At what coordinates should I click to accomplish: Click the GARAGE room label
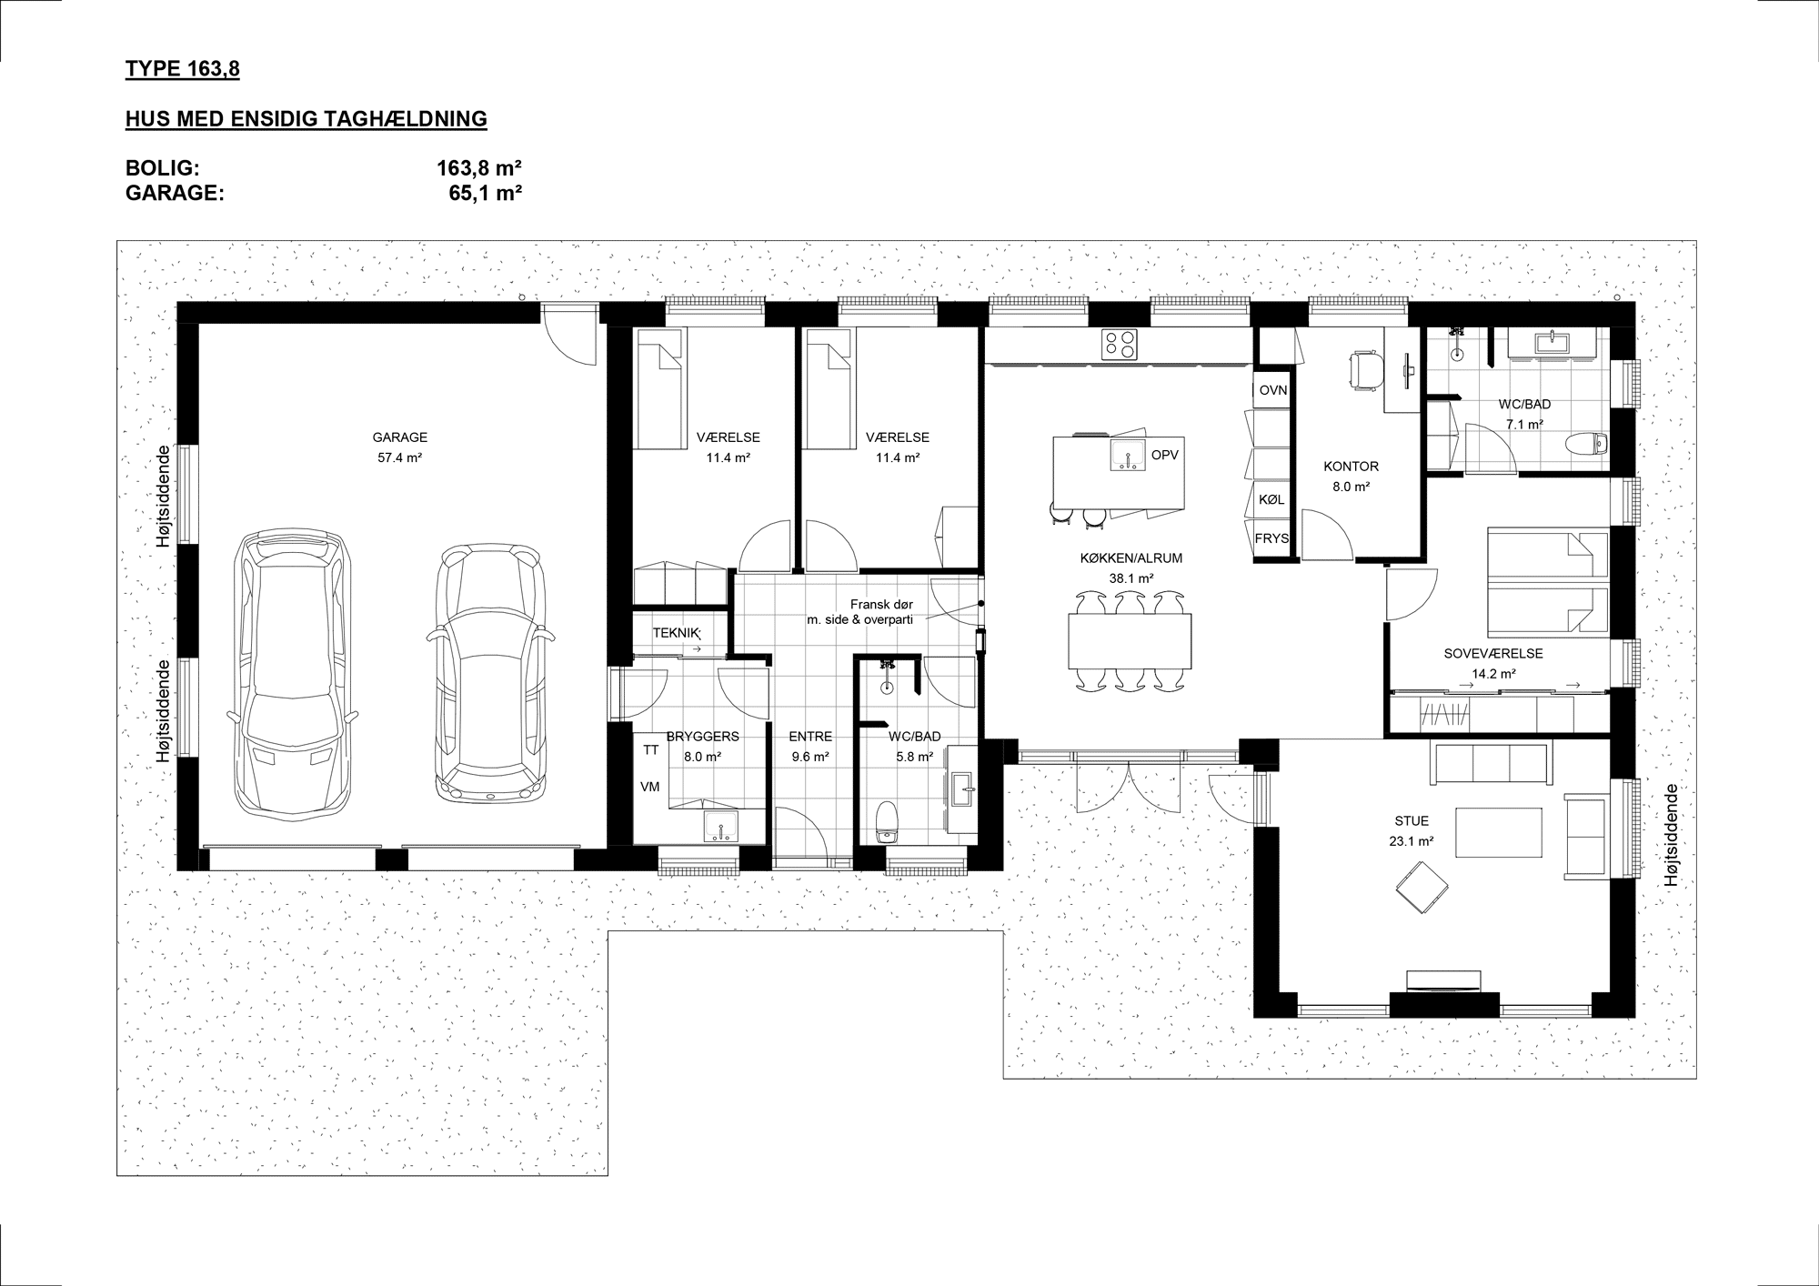pos(399,437)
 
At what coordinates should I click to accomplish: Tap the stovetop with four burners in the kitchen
pos(1120,344)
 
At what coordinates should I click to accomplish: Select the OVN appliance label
pos(1273,390)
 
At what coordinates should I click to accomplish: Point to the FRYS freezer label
pos(1271,538)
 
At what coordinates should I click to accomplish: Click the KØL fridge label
pos(1272,499)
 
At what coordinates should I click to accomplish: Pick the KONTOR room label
pos(1351,467)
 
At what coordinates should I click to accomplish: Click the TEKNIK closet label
pos(675,632)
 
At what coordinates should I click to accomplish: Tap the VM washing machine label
pos(650,787)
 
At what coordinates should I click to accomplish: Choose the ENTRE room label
pos(810,737)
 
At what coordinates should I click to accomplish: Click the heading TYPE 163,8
pos(183,69)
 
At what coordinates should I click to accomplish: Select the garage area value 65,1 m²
pos(486,193)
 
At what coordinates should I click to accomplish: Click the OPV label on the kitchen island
pos(1165,455)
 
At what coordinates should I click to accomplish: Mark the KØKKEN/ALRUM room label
pos(1131,558)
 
